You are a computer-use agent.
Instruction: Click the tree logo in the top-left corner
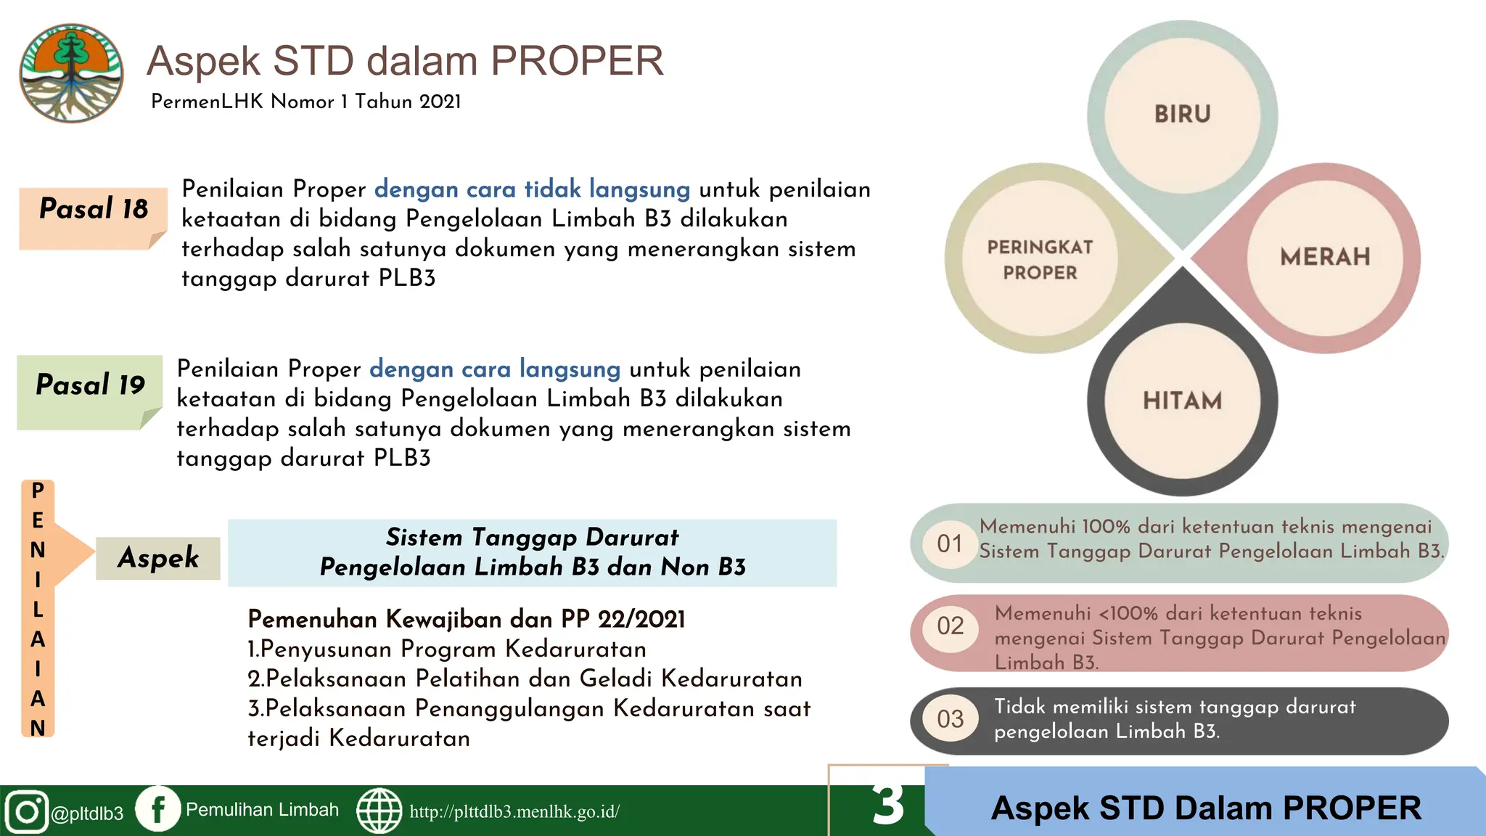pos(71,73)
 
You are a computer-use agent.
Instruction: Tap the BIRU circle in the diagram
pos(1182,115)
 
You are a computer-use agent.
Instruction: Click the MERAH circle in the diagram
pos(1324,257)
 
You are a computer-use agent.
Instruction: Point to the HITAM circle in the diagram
pos(1182,401)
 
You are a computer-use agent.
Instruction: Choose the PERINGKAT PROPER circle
pos(1040,260)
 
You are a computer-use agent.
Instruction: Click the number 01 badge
pos(950,544)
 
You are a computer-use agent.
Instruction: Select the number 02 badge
pos(950,626)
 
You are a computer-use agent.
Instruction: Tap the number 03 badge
pos(950,718)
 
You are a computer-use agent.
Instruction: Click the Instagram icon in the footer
pos(27,811)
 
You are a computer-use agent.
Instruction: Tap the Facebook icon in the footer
pos(158,808)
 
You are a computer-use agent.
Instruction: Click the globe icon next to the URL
pos(379,811)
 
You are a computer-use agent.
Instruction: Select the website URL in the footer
pos(514,811)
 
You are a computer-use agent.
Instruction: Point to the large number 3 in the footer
pos(888,804)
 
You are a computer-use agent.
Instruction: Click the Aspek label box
pos(158,558)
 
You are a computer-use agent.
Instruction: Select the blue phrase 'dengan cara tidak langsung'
pos(532,189)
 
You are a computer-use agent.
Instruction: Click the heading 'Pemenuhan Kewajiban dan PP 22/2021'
pos(467,619)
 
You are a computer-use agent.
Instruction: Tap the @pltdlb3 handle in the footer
pos(87,814)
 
